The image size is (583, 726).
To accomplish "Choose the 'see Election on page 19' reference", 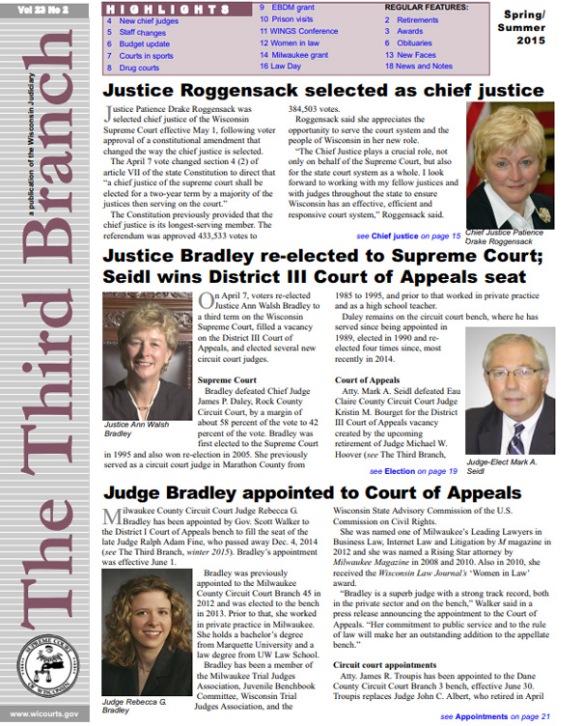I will click(413, 471).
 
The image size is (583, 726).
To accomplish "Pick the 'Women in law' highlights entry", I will click(293, 43).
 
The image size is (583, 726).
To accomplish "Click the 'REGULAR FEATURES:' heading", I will click(427, 7).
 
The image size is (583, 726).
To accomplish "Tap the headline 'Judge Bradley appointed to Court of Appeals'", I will click(313, 494).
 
